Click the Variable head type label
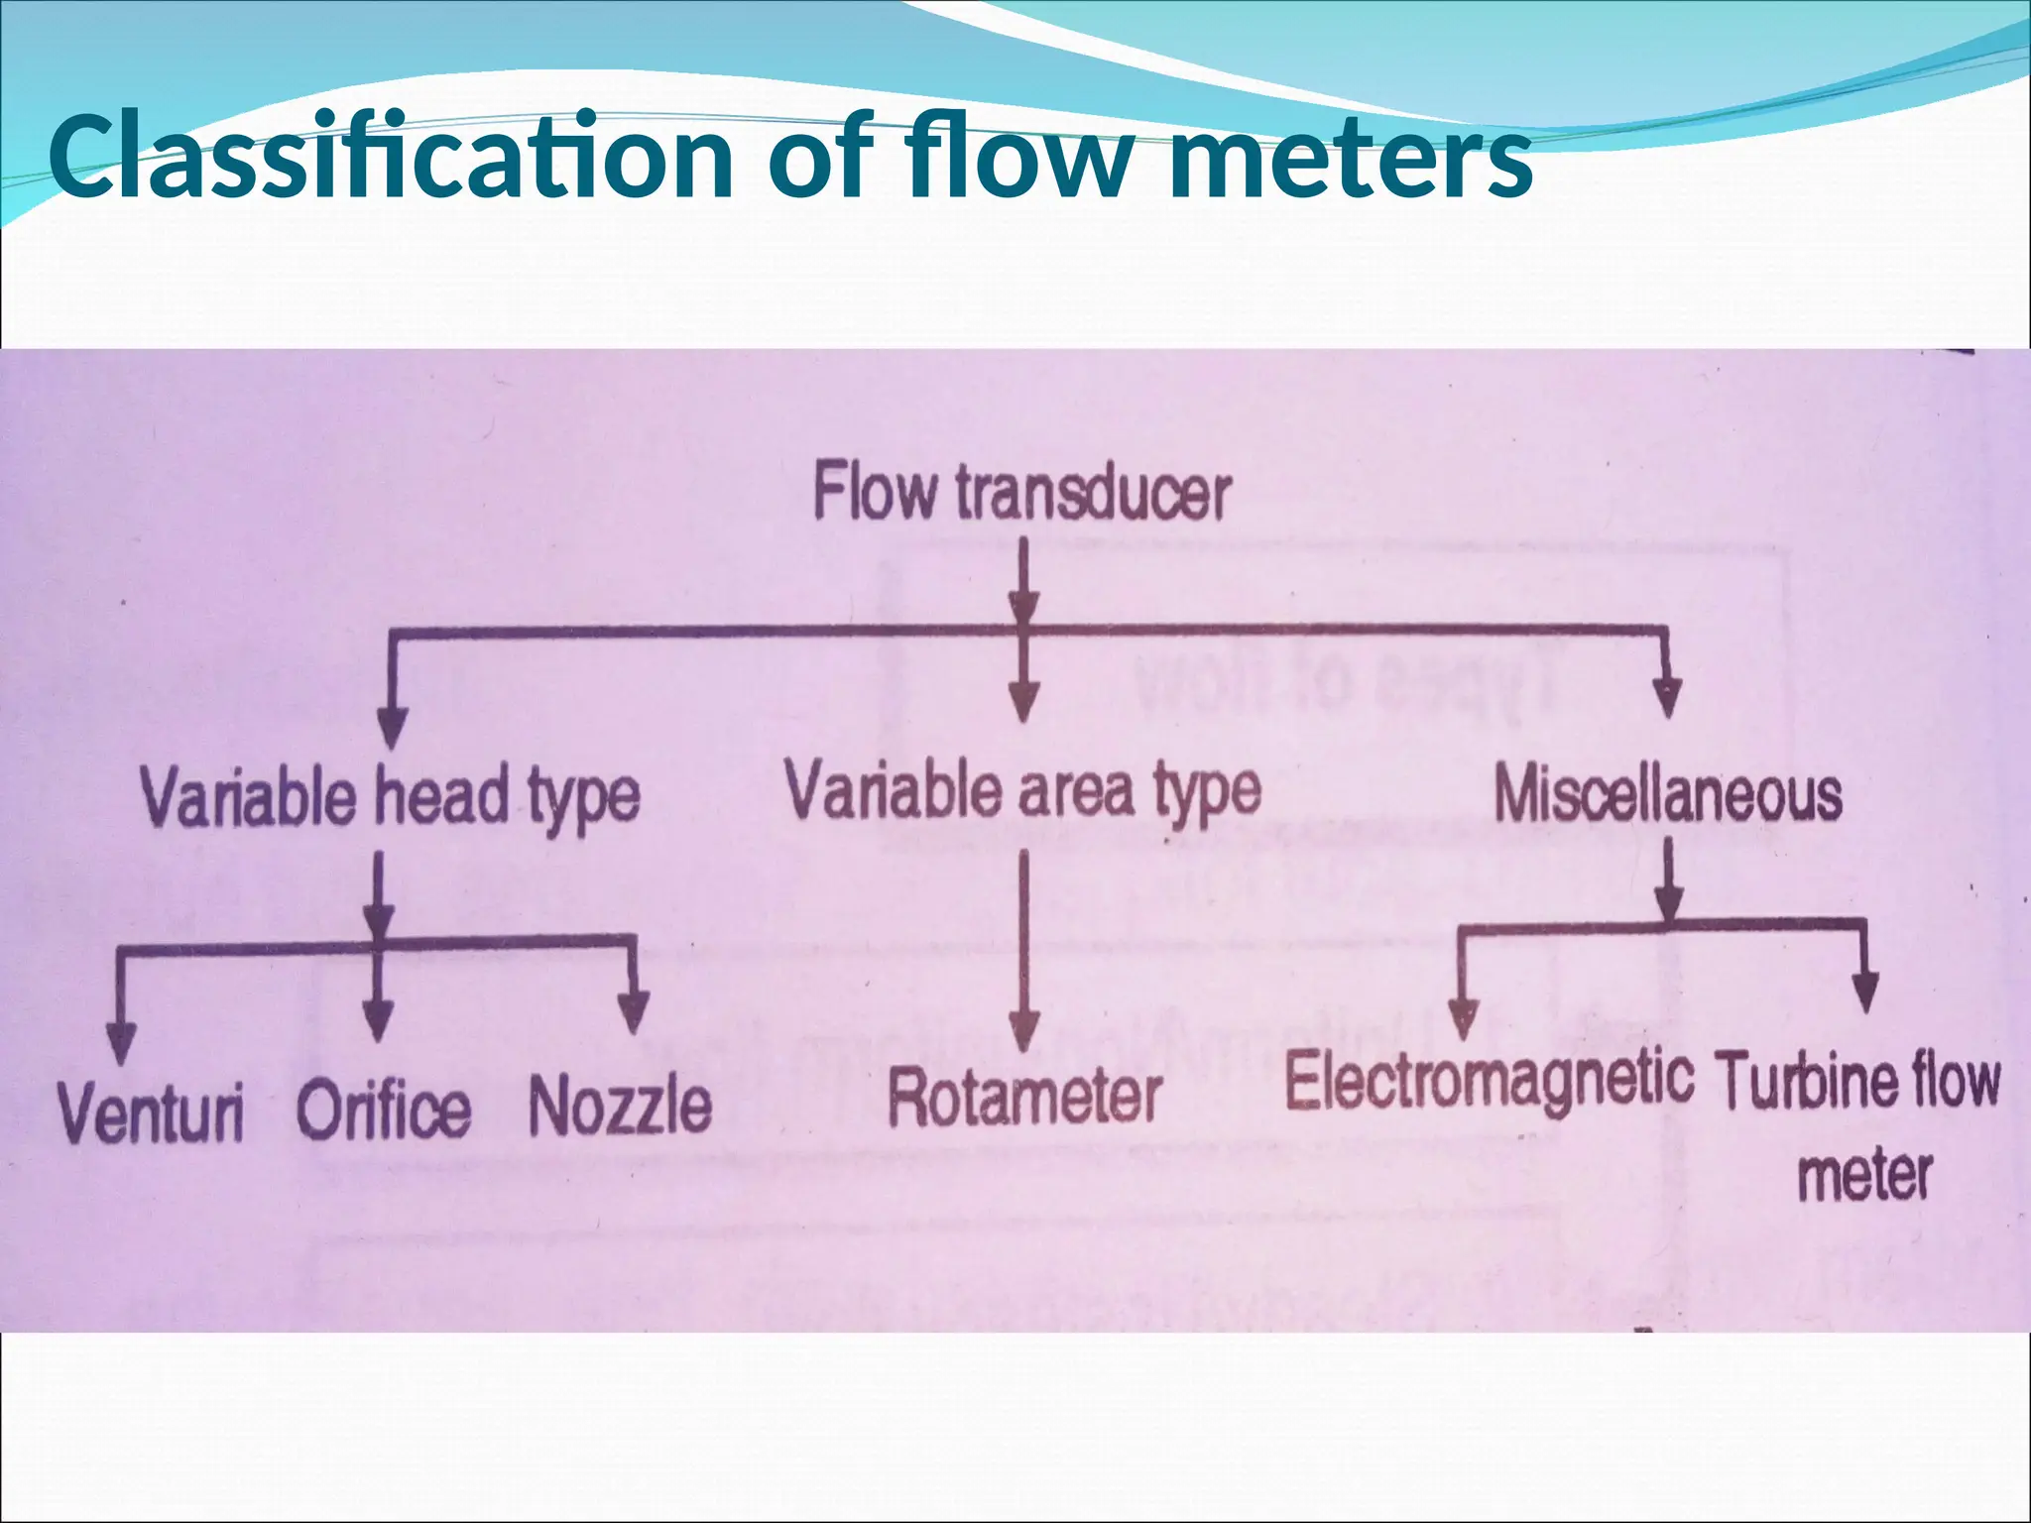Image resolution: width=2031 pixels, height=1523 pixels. pyautogui.click(x=390, y=799)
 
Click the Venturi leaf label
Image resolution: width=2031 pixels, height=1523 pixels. pyautogui.click(x=150, y=1112)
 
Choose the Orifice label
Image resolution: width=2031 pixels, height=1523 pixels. pyautogui.click(x=383, y=1110)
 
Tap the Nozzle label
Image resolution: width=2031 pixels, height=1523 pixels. pyautogui.click(x=620, y=1107)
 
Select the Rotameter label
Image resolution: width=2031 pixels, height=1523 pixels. pyautogui.click(x=1024, y=1098)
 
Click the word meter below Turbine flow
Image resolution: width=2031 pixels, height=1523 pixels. pyautogui.click(x=1865, y=1177)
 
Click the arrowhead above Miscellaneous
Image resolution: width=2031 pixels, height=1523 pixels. pyautogui.click(x=1669, y=696)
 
